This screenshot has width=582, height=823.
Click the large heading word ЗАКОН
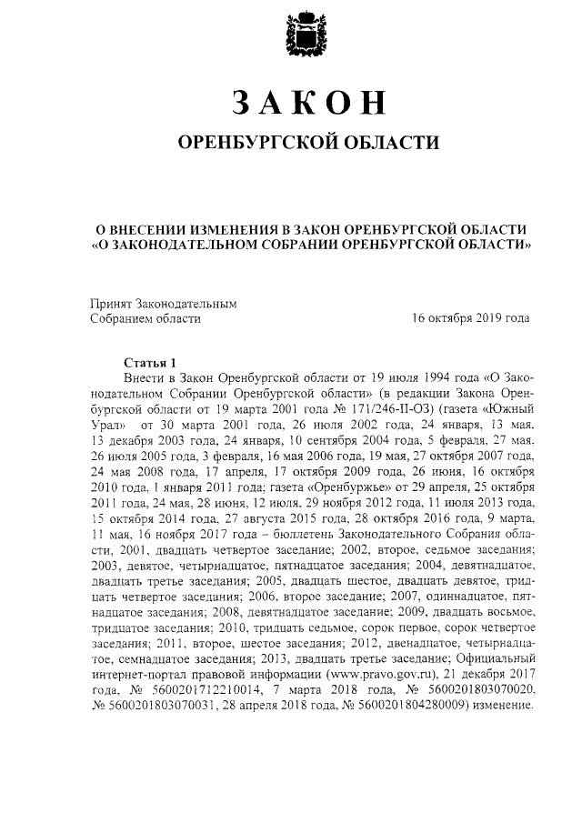[x=306, y=103]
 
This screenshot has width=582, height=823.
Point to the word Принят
[x=110, y=303]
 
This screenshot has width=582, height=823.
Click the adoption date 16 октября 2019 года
[x=470, y=319]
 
